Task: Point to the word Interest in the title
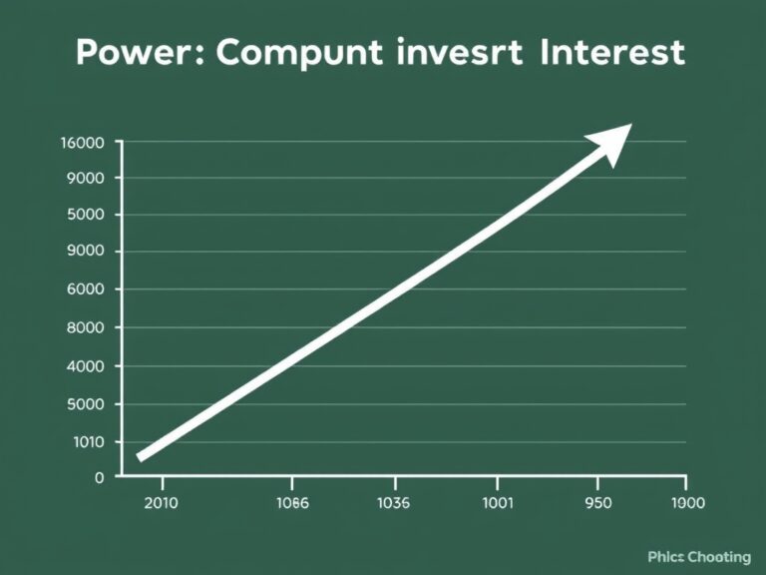coord(611,52)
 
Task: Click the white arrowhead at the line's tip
coord(613,143)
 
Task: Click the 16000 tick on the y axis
coord(83,142)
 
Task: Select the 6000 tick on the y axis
coord(86,289)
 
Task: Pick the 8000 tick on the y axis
coord(86,327)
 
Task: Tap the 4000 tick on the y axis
coord(86,366)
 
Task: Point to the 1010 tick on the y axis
coord(87,442)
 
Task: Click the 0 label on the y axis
coord(99,477)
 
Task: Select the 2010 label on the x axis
coord(161,503)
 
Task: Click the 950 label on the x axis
coord(597,503)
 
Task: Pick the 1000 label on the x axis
coord(687,503)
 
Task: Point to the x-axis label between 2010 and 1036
coord(291,503)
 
